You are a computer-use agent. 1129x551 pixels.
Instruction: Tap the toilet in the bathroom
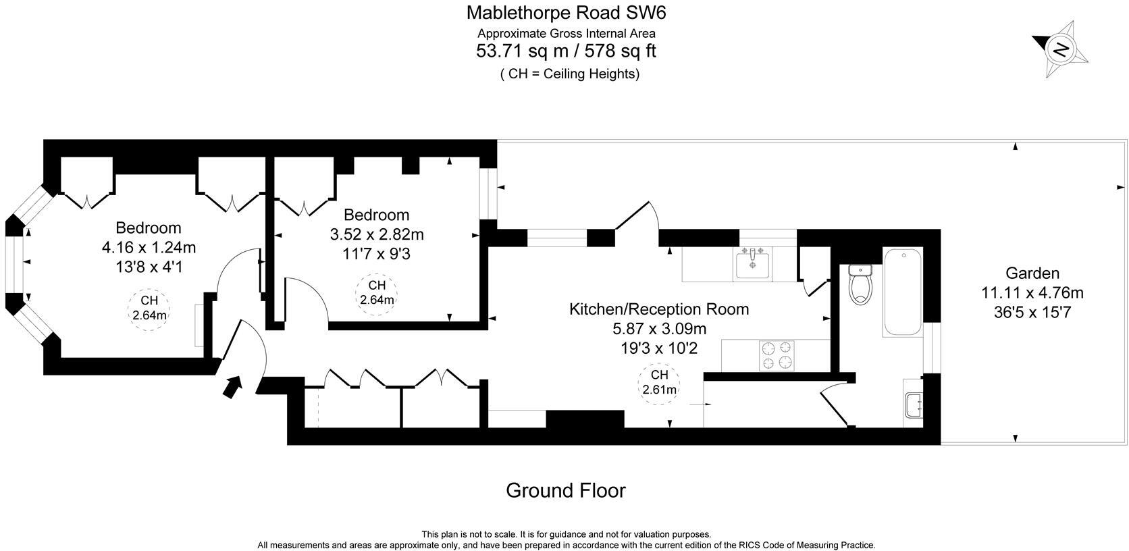click(861, 283)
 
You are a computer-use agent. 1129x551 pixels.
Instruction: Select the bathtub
click(902, 292)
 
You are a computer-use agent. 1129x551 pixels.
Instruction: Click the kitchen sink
click(753, 263)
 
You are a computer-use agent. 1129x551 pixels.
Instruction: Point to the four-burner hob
click(776, 355)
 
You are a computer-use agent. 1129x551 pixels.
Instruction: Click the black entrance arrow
click(232, 387)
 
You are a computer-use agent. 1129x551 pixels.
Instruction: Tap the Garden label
click(1032, 273)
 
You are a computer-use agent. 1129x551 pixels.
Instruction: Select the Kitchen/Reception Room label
click(659, 309)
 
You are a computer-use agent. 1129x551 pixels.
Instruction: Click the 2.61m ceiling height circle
click(659, 383)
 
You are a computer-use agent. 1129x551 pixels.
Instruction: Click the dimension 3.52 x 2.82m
click(376, 235)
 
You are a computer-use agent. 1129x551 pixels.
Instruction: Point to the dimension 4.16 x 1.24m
click(149, 248)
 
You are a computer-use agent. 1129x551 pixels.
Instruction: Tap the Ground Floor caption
click(565, 490)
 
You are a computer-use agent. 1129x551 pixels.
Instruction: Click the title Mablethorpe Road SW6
click(566, 12)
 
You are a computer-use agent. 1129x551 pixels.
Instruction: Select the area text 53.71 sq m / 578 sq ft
click(566, 51)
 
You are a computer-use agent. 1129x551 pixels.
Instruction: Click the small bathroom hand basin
click(913, 406)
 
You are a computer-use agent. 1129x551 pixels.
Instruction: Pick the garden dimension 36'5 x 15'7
click(1032, 312)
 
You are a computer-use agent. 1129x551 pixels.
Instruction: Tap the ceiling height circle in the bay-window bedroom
click(149, 308)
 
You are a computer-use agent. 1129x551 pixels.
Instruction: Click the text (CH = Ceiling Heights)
click(569, 74)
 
